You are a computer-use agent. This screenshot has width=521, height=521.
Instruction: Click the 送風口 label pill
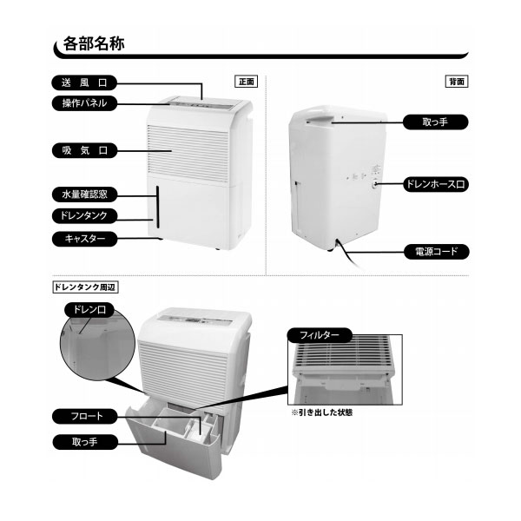click(x=84, y=82)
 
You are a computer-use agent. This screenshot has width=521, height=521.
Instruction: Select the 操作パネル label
click(x=84, y=103)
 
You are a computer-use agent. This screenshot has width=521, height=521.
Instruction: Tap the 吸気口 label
click(x=84, y=150)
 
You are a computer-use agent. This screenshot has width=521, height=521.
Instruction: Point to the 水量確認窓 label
click(x=84, y=195)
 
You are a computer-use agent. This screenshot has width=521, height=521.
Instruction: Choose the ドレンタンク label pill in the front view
click(x=84, y=215)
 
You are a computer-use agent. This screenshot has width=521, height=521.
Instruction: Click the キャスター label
click(x=84, y=239)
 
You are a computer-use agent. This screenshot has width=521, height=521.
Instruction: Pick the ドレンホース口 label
click(x=436, y=184)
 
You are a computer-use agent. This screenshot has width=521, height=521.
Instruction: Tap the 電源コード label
click(x=436, y=252)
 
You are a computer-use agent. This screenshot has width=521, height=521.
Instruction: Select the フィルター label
click(x=320, y=335)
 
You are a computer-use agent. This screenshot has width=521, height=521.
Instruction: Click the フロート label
click(x=85, y=416)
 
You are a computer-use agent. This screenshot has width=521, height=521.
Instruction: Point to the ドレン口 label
click(x=89, y=310)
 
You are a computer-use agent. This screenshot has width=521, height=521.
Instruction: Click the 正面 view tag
click(x=247, y=82)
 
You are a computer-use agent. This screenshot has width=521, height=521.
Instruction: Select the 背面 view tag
click(x=457, y=82)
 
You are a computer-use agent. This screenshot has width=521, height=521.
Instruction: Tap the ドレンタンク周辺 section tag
click(x=85, y=287)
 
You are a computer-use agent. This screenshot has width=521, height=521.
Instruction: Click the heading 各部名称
click(x=94, y=43)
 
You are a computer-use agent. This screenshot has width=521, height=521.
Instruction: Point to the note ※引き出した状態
click(x=321, y=412)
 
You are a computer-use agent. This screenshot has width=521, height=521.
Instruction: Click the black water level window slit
click(x=157, y=207)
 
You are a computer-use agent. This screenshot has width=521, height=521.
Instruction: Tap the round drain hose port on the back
click(x=375, y=184)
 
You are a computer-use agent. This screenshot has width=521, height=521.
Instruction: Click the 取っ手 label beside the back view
click(x=435, y=122)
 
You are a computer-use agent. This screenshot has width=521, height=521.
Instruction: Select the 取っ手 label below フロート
click(x=85, y=442)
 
